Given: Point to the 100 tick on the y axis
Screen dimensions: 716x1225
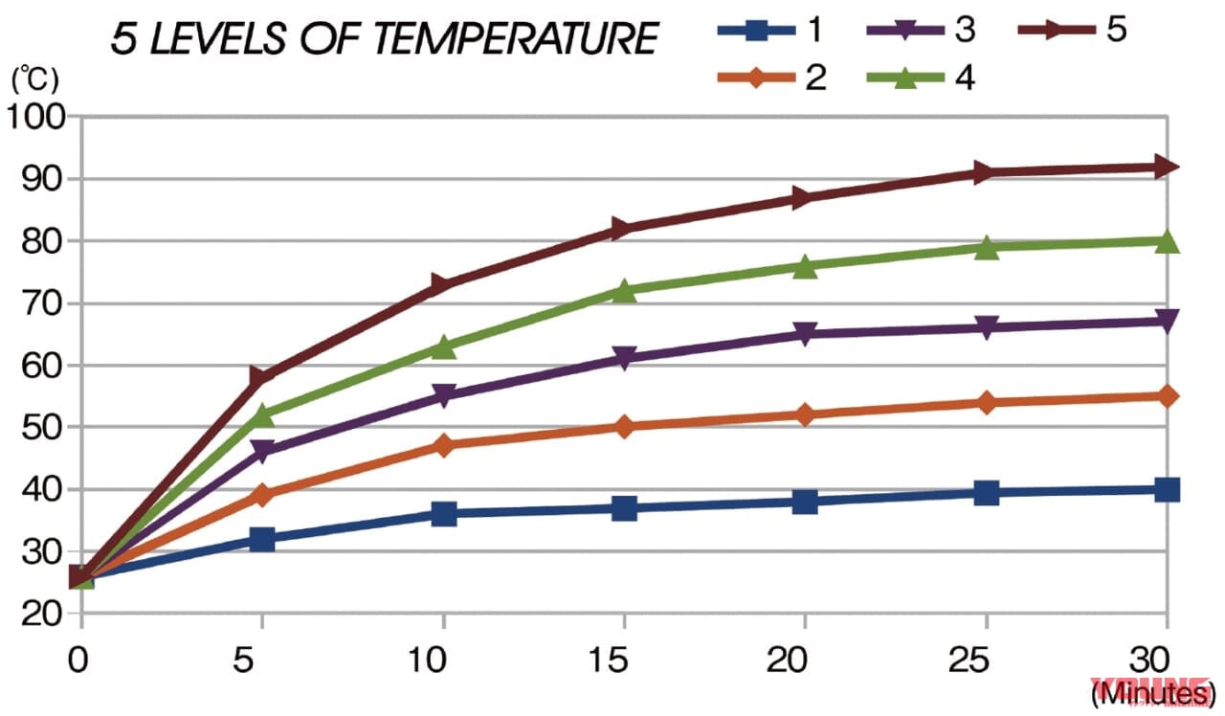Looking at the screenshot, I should [35, 117].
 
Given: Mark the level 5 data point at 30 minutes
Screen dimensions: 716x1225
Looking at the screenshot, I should [1165, 167].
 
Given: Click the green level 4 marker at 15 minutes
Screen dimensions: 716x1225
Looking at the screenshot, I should [624, 290].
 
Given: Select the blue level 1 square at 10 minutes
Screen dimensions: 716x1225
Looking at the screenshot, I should [443, 514].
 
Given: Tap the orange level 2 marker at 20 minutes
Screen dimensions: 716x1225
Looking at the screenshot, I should [805, 414].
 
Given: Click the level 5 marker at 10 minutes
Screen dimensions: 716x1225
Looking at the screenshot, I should [443, 284].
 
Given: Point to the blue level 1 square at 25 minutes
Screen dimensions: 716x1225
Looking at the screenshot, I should [985, 493].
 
